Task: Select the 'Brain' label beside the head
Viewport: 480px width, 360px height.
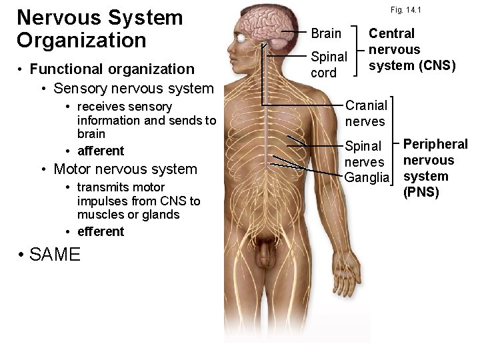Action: [x=326, y=33]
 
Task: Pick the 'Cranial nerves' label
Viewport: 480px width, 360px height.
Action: [x=365, y=113]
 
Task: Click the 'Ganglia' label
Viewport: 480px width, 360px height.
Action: [x=366, y=177]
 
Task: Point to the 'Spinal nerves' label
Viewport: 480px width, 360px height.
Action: [x=364, y=153]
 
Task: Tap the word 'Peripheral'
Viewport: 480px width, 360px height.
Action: [x=436, y=145]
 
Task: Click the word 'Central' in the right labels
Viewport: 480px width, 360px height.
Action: [x=392, y=33]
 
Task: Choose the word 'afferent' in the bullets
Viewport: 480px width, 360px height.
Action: [x=101, y=151]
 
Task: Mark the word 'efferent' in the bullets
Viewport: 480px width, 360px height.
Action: [x=101, y=231]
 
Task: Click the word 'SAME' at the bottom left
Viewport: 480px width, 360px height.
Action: [x=49, y=254]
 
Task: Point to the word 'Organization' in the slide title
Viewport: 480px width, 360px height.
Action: [x=81, y=39]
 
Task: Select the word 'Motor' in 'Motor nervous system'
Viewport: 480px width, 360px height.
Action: [x=71, y=169]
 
